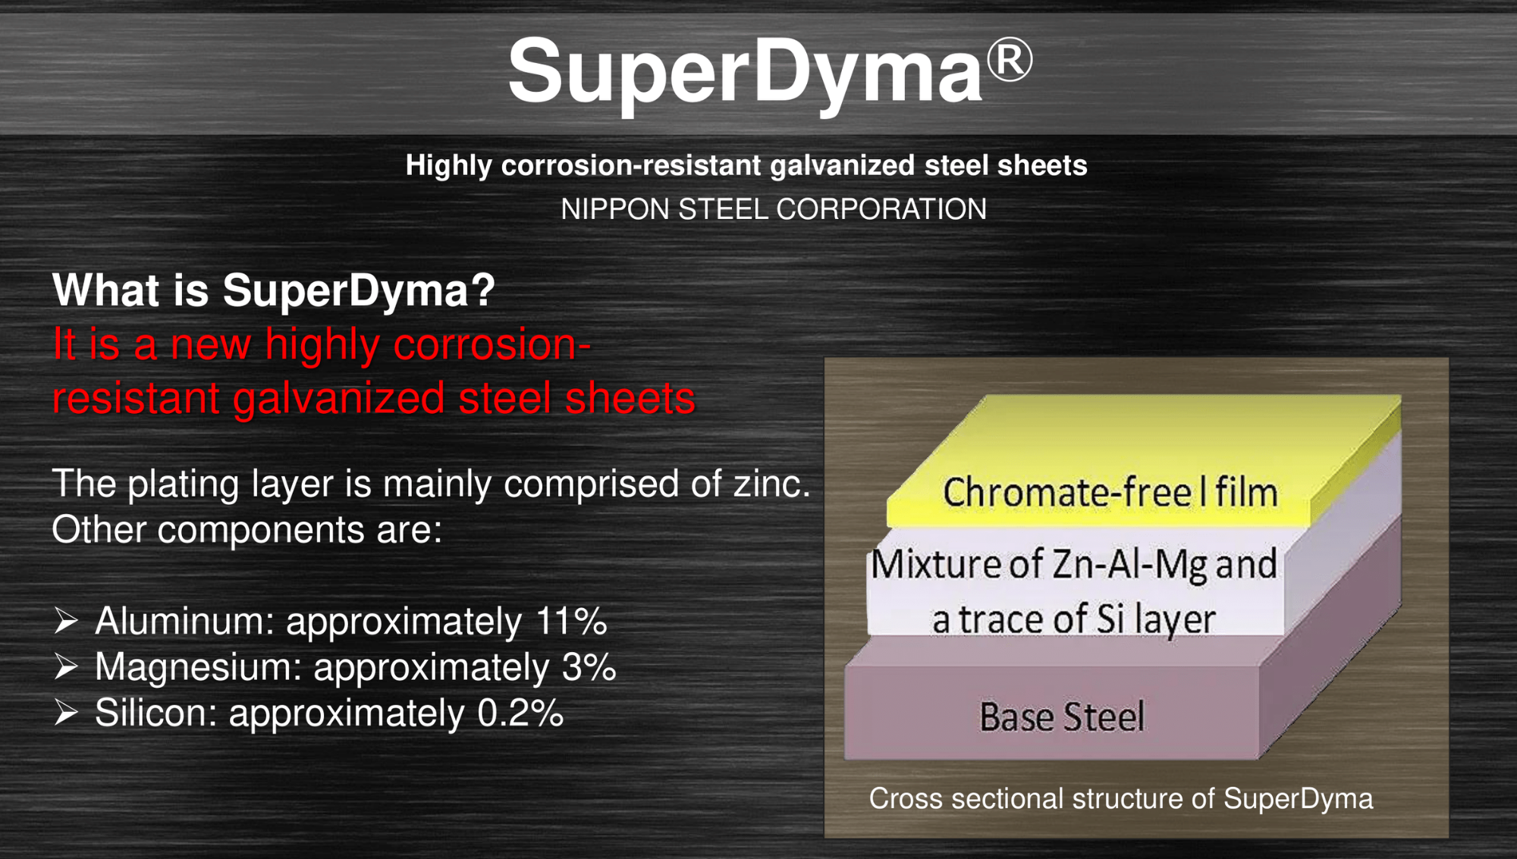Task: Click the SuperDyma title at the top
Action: (x=770, y=73)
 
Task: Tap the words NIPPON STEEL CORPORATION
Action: (x=774, y=209)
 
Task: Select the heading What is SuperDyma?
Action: (x=273, y=290)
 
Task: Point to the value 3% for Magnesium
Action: (x=589, y=667)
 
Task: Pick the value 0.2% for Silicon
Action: (x=520, y=713)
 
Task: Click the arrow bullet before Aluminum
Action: (x=66, y=621)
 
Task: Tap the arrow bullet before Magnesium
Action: (x=66, y=667)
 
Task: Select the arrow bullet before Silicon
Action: (x=66, y=713)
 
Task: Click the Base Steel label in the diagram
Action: (x=1062, y=717)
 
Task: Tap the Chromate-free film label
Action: (x=1110, y=493)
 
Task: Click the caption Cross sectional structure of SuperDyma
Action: (x=1121, y=799)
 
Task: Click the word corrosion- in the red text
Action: (x=492, y=345)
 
